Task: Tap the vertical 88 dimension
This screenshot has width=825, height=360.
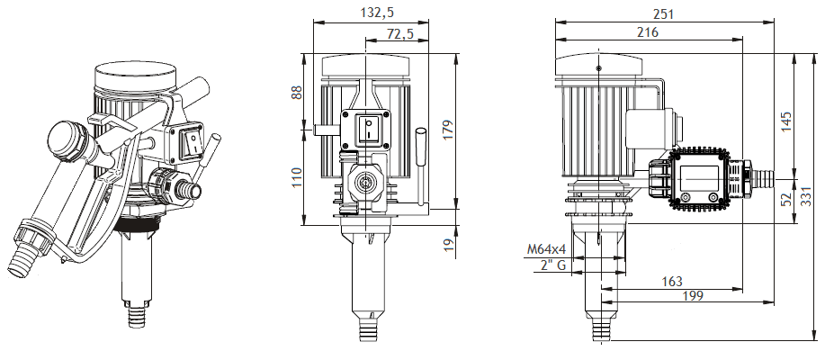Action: (x=298, y=93)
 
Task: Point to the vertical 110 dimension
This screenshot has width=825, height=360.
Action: (x=298, y=177)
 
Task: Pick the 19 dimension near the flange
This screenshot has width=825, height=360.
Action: (x=448, y=243)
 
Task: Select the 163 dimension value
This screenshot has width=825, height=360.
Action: (x=670, y=281)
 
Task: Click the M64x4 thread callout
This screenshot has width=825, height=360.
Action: (x=544, y=249)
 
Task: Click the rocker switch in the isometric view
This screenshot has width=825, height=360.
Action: (x=191, y=141)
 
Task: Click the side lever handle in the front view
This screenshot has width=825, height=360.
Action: (x=420, y=166)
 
